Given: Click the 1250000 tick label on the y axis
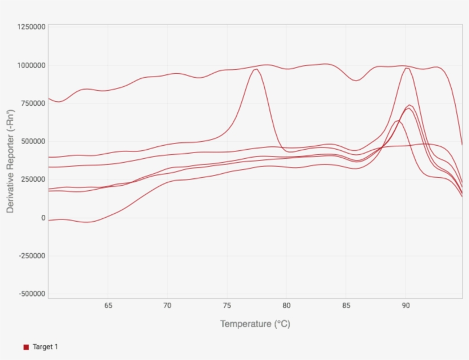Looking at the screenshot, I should tap(31, 27).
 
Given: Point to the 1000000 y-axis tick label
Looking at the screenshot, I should tap(31, 65).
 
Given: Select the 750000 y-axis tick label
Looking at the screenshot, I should tap(33, 103).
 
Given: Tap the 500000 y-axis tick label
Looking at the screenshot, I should tap(33, 141).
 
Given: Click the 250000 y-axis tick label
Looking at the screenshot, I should tap(33, 179).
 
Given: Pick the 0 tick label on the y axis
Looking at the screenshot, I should tap(42, 218).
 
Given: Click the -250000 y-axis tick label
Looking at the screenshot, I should tap(31, 255).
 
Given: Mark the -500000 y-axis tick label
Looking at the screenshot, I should tap(31, 294).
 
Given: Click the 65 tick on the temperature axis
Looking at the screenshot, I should tap(108, 306).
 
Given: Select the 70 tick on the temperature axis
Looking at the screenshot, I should tap(168, 306).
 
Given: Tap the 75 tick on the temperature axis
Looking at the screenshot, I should tap(227, 306).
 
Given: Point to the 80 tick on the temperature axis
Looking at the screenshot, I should tap(287, 306).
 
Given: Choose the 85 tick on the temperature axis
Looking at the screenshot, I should tap(346, 306).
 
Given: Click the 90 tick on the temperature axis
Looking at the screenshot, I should tap(406, 306).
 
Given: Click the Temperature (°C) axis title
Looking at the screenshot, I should tap(255, 324).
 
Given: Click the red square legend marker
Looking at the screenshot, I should tap(26, 347).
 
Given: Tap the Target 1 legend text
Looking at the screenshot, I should tap(45, 347).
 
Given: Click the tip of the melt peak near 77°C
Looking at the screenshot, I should tap(255, 69).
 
